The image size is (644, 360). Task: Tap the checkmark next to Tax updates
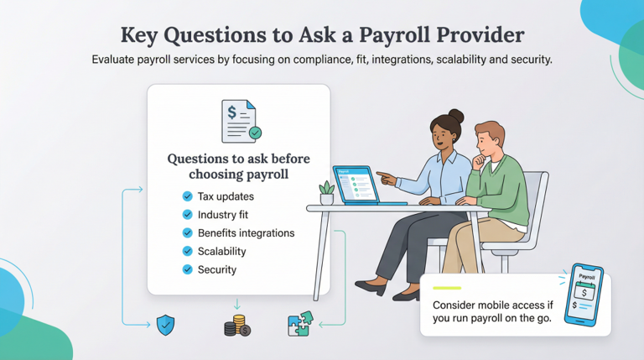point(187,196)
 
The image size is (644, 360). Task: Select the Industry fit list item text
point(223,215)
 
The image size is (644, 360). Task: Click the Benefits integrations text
point(246,232)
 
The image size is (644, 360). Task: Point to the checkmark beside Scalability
point(187,251)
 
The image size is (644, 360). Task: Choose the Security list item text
point(217,269)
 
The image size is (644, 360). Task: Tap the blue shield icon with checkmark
point(164,324)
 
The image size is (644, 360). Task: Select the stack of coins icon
point(236,325)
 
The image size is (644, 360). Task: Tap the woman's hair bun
point(455,117)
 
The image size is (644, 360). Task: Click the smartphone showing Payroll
point(587,297)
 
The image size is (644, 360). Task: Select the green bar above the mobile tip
point(449,288)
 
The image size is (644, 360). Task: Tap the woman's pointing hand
point(383,176)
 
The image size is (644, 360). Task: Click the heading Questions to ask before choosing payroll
point(239,166)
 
